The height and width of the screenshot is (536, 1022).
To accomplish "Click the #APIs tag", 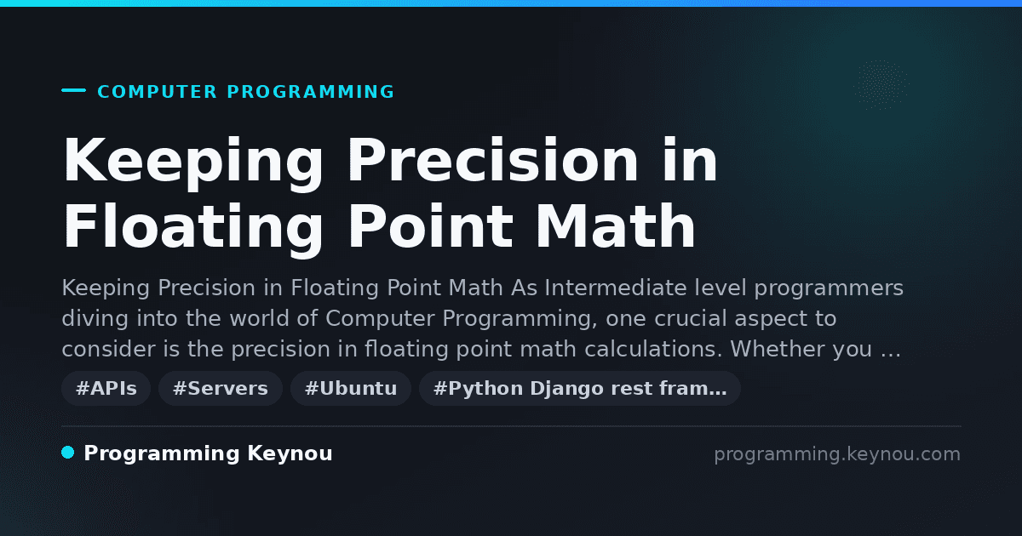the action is (x=106, y=388).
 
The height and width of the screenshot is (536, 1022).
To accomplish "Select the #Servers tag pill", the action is (x=221, y=388).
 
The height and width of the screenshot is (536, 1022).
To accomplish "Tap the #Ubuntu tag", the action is (x=351, y=388).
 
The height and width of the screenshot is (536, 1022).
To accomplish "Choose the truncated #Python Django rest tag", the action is (x=580, y=388).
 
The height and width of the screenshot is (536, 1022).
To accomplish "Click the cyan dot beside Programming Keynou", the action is (x=68, y=453).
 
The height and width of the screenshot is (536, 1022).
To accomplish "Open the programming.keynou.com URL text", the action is (x=837, y=454).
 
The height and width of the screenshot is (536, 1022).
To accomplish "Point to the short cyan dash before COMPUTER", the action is (x=73, y=90).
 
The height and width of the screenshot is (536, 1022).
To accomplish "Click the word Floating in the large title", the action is (x=193, y=226).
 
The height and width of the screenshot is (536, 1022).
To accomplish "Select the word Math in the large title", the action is (x=615, y=226).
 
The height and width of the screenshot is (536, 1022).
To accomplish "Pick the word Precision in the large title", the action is (x=493, y=161).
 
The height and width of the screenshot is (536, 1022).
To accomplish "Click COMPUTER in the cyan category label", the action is (x=158, y=92).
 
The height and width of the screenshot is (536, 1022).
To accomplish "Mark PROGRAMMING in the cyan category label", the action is (x=311, y=92).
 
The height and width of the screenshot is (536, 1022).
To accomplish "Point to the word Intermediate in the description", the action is (x=616, y=288).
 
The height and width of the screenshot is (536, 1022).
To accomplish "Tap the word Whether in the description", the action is (x=778, y=349).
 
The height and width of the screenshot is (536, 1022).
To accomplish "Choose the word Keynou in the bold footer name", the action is (x=290, y=454).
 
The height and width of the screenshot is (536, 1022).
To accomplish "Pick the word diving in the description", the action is (x=95, y=318).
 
